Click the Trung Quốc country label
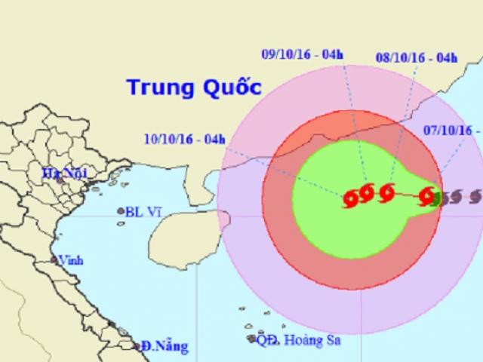(x=189, y=87)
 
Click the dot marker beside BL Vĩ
(x=121, y=212)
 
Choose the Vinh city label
(x=72, y=261)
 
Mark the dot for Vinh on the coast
(x=54, y=260)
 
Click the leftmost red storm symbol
(x=351, y=199)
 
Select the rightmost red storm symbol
(x=427, y=196)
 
